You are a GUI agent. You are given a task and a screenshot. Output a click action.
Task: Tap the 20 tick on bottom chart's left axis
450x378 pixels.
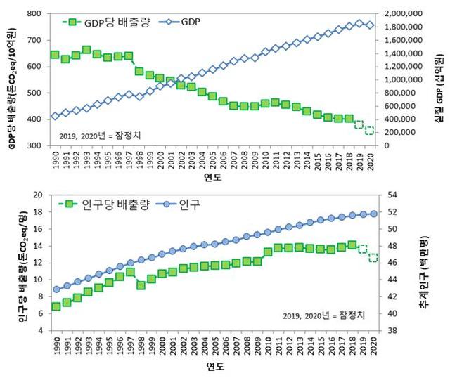39,195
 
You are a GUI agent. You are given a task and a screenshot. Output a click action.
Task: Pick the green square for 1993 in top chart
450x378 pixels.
86,50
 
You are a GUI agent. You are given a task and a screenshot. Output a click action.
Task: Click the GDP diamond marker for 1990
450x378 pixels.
56,117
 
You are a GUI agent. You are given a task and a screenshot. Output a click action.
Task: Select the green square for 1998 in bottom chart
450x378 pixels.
141,285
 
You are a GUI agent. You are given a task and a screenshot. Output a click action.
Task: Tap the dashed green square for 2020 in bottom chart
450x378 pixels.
373,258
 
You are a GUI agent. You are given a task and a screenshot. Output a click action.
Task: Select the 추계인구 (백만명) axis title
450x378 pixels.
424,261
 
